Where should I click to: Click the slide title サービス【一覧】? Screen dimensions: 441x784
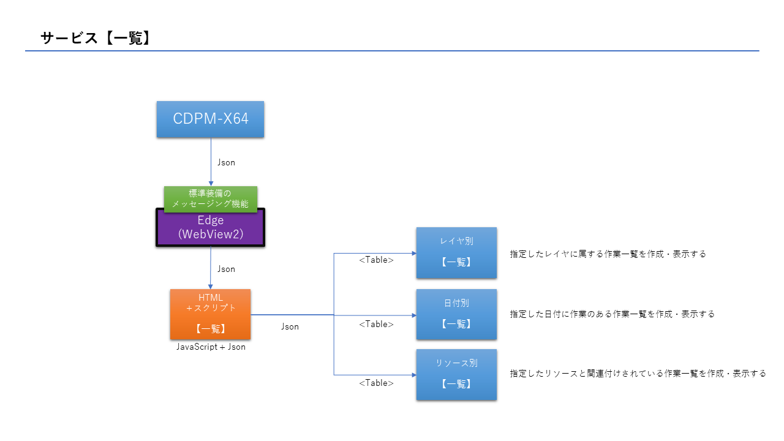tap(96, 38)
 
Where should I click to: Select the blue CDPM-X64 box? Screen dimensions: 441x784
tap(210, 119)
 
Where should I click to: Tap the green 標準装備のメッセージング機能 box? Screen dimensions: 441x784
tap(210, 198)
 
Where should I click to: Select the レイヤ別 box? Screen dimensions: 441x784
tap(456, 252)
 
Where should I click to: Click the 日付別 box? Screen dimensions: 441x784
tap(456, 314)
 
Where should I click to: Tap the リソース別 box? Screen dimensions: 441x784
tap(456, 374)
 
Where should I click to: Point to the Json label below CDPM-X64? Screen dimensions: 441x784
tap(226, 162)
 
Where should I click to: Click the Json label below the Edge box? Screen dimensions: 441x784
tap(226, 269)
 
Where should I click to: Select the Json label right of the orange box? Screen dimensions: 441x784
tap(290, 326)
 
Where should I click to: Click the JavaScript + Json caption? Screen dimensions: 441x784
tap(211, 347)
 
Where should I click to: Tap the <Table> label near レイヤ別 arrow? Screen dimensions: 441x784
tap(376, 260)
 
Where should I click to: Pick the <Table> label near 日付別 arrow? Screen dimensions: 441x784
tap(376, 324)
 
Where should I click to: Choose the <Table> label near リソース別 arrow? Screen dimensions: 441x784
tap(376, 383)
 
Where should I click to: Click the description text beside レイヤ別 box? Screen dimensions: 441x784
tap(608, 254)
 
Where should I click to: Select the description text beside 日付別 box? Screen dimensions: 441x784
tap(612, 314)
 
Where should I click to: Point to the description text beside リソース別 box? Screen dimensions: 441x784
tap(638, 373)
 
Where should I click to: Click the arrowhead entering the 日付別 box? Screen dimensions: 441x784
tap(413, 315)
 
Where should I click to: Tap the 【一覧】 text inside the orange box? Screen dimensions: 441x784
tap(210, 329)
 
